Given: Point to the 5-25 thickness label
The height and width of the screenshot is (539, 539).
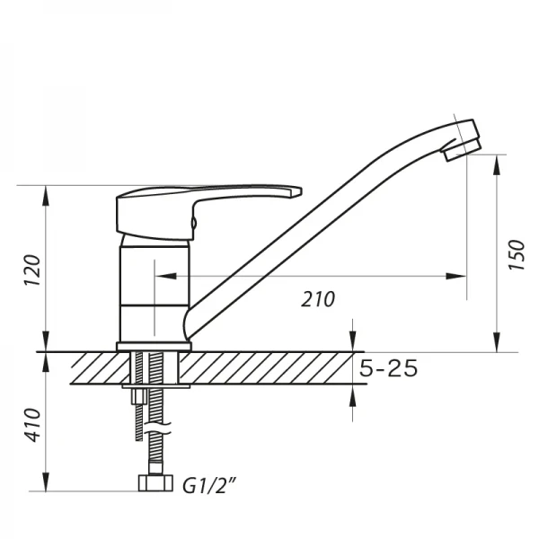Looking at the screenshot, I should (389, 368).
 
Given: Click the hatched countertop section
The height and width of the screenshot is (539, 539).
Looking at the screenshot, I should (269, 367).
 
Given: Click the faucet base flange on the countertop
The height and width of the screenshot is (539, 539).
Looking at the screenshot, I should (154, 346).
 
